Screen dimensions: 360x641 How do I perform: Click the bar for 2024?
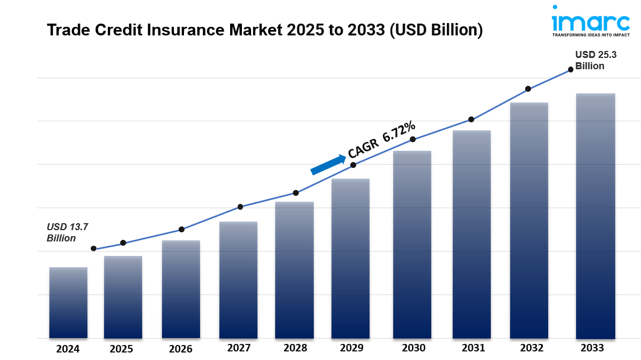pyautogui.click(x=68, y=303)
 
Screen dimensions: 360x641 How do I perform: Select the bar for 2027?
pyautogui.click(x=238, y=280)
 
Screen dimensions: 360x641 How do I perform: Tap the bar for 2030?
pyautogui.click(x=412, y=244)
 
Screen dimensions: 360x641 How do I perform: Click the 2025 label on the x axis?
pyautogui.click(x=122, y=349)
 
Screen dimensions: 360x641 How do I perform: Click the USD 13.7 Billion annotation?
pyautogui.click(x=67, y=233)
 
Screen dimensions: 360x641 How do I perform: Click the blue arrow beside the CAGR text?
pyautogui.click(x=328, y=165)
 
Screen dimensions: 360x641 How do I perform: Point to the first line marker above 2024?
pyautogui.click(x=94, y=248)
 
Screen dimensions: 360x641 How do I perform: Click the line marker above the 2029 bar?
pyautogui.click(x=353, y=165)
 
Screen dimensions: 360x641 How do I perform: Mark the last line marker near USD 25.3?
pyautogui.click(x=571, y=69)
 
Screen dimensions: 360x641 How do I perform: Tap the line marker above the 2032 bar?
pyautogui.click(x=528, y=89)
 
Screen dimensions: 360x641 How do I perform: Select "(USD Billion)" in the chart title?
pyautogui.click(x=436, y=30)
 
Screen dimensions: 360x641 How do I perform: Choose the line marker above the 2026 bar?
pyautogui.click(x=181, y=229)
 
